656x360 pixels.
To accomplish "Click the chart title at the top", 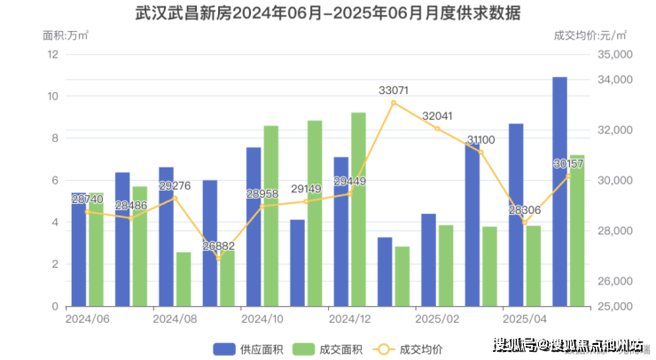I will (x=327, y=14).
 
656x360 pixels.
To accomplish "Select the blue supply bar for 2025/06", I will (x=560, y=192).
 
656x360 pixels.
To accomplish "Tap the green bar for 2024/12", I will (x=358, y=209).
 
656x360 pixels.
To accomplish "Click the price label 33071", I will (x=394, y=90).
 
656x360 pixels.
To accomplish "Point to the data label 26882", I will (x=218, y=246).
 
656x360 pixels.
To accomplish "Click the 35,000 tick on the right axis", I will (x=613, y=54).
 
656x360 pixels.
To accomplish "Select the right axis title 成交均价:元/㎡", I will (x=590, y=35).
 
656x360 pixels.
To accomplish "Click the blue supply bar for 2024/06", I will (x=79, y=249).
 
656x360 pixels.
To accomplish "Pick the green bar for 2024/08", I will (x=184, y=279).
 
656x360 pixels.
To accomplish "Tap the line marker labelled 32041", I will (x=437, y=129).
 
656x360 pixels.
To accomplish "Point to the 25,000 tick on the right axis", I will (x=613, y=307).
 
